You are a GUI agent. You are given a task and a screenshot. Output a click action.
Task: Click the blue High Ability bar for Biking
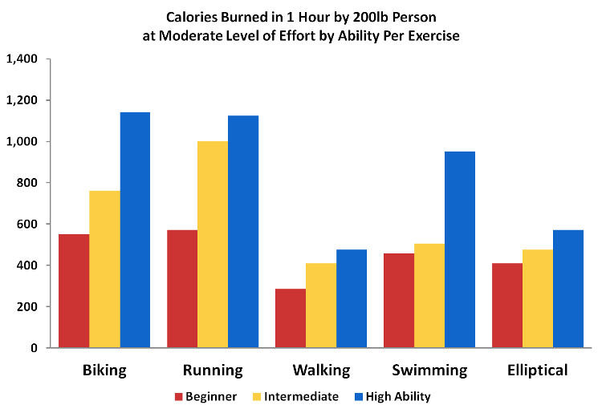tap(135, 230)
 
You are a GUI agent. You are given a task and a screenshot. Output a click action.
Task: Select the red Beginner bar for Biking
tap(74, 291)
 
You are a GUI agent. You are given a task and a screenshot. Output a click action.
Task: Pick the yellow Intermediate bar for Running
tap(213, 245)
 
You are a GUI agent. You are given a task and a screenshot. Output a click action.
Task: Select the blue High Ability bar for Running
tap(243, 232)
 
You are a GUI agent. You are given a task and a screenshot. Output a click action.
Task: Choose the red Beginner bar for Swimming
tap(399, 301)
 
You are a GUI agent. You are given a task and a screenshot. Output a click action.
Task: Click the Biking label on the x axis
tap(104, 370)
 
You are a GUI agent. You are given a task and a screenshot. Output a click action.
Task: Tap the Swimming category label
tap(429, 370)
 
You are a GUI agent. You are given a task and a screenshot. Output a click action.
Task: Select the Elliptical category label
tap(537, 370)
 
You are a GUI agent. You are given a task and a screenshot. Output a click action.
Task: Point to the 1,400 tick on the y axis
tap(22, 59)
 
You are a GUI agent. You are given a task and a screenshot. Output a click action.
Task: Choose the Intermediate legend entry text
tap(302, 396)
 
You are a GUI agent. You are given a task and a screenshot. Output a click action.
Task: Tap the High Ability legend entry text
tap(398, 396)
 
